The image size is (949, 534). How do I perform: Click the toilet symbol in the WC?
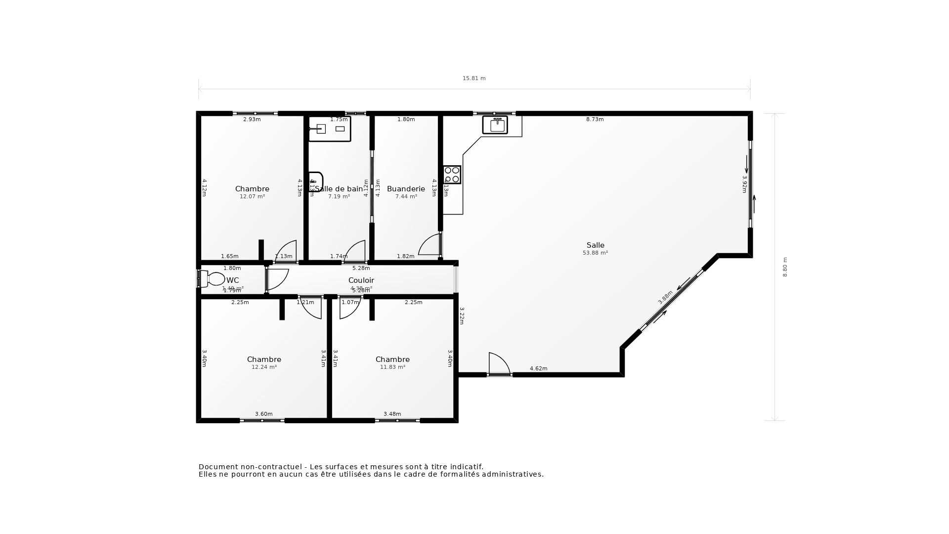tap(213, 279)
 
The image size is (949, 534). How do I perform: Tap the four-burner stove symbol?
tap(452, 175)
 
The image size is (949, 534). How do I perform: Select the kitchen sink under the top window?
tap(495, 125)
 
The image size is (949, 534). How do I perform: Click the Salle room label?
tap(595, 245)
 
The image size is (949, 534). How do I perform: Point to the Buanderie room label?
tap(406, 189)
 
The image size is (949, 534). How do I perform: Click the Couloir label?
tap(361, 280)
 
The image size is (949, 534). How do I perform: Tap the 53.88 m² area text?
tap(595, 253)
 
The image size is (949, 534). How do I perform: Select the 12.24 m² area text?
tap(264, 367)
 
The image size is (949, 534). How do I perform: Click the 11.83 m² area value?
tap(392, 367)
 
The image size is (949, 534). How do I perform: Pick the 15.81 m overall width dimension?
tap(474, 78)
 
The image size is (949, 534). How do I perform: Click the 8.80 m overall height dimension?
tap(785, 267)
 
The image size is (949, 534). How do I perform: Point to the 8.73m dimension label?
tap(595, 119)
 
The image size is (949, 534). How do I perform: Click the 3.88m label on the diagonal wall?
tap(665, 297)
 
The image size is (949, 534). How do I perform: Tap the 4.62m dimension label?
tap(538, 368)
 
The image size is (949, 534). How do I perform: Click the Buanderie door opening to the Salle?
tap(429, 245)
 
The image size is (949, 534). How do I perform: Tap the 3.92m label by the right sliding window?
tap(744, 184)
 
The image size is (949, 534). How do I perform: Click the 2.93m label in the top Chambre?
tap(252, 119)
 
